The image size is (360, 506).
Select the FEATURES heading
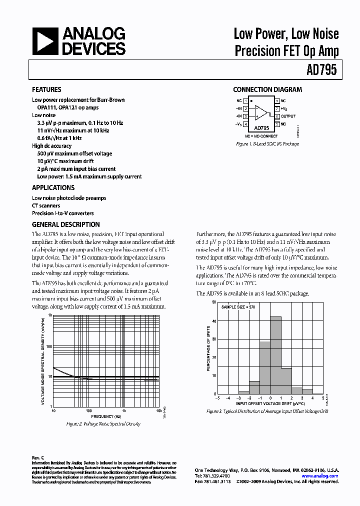[46, 90]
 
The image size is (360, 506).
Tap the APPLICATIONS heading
[53, 187]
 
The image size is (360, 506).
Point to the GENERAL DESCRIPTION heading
[65, 224]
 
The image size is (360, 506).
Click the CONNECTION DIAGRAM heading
[267, 90]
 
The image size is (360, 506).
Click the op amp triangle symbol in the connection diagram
[260, 112]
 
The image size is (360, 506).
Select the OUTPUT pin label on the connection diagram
[288, 116]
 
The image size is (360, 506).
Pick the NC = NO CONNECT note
[261, 136]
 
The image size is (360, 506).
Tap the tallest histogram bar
[275, 355]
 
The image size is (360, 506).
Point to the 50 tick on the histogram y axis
[214, 302]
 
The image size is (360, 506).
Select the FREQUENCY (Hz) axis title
[106, 416]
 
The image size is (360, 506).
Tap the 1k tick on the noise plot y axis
[50, 315]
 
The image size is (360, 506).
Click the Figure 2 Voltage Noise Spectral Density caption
[103, 423]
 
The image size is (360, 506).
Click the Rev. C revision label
[38, 457]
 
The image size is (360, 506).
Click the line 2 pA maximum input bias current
[76, 169]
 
